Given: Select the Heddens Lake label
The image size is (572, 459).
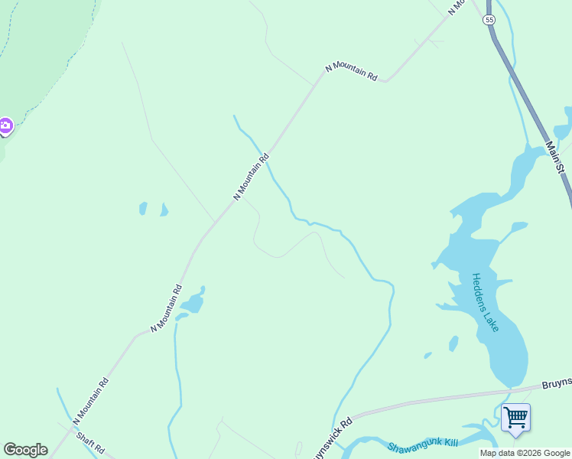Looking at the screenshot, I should [x=485, y=302].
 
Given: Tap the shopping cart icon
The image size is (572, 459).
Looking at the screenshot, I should [x=515, y=418].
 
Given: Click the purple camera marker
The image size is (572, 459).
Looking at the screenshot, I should [x=5, y=125].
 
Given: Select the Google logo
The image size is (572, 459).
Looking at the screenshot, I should [x=25, y=449].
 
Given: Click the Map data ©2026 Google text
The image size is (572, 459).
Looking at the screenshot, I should [x=525, y=453].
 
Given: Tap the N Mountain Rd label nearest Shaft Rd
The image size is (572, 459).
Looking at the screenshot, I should [x=91, y=401].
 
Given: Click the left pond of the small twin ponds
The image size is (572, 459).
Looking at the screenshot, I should [x=143, y=208].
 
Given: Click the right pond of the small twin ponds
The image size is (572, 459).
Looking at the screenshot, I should [x=164, y=210].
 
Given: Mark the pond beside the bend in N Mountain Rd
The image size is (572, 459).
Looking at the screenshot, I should [x=192, y=302].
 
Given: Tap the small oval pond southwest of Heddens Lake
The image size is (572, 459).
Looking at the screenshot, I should [x=453, y=343].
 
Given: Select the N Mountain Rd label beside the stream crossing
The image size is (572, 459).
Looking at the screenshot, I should [x=252, y=177].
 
